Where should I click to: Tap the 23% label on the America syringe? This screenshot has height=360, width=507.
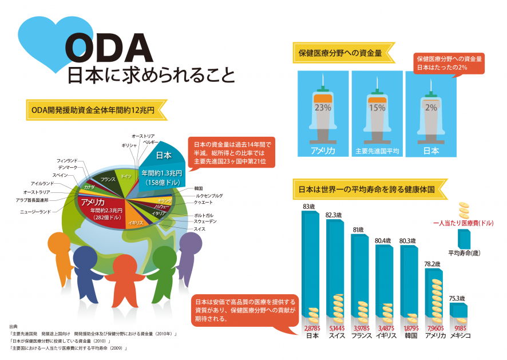pos(323,106)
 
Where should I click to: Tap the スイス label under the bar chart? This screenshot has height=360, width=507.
pos(336,336)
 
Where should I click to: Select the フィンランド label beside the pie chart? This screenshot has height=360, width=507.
pos(68,161)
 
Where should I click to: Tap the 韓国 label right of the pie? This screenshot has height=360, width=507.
pos(199,188)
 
